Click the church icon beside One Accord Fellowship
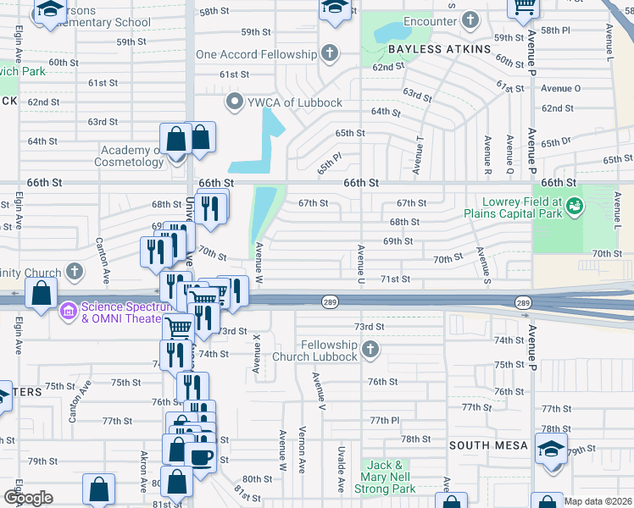329,54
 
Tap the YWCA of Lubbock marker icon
235,102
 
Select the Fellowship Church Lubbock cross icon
370,349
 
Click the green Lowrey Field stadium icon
575,205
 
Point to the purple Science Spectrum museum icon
68,312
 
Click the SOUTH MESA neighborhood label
488,445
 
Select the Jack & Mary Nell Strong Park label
389,477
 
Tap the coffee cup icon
201,458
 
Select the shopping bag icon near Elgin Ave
41,294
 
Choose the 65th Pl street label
329,157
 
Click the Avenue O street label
560,88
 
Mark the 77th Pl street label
383,420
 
